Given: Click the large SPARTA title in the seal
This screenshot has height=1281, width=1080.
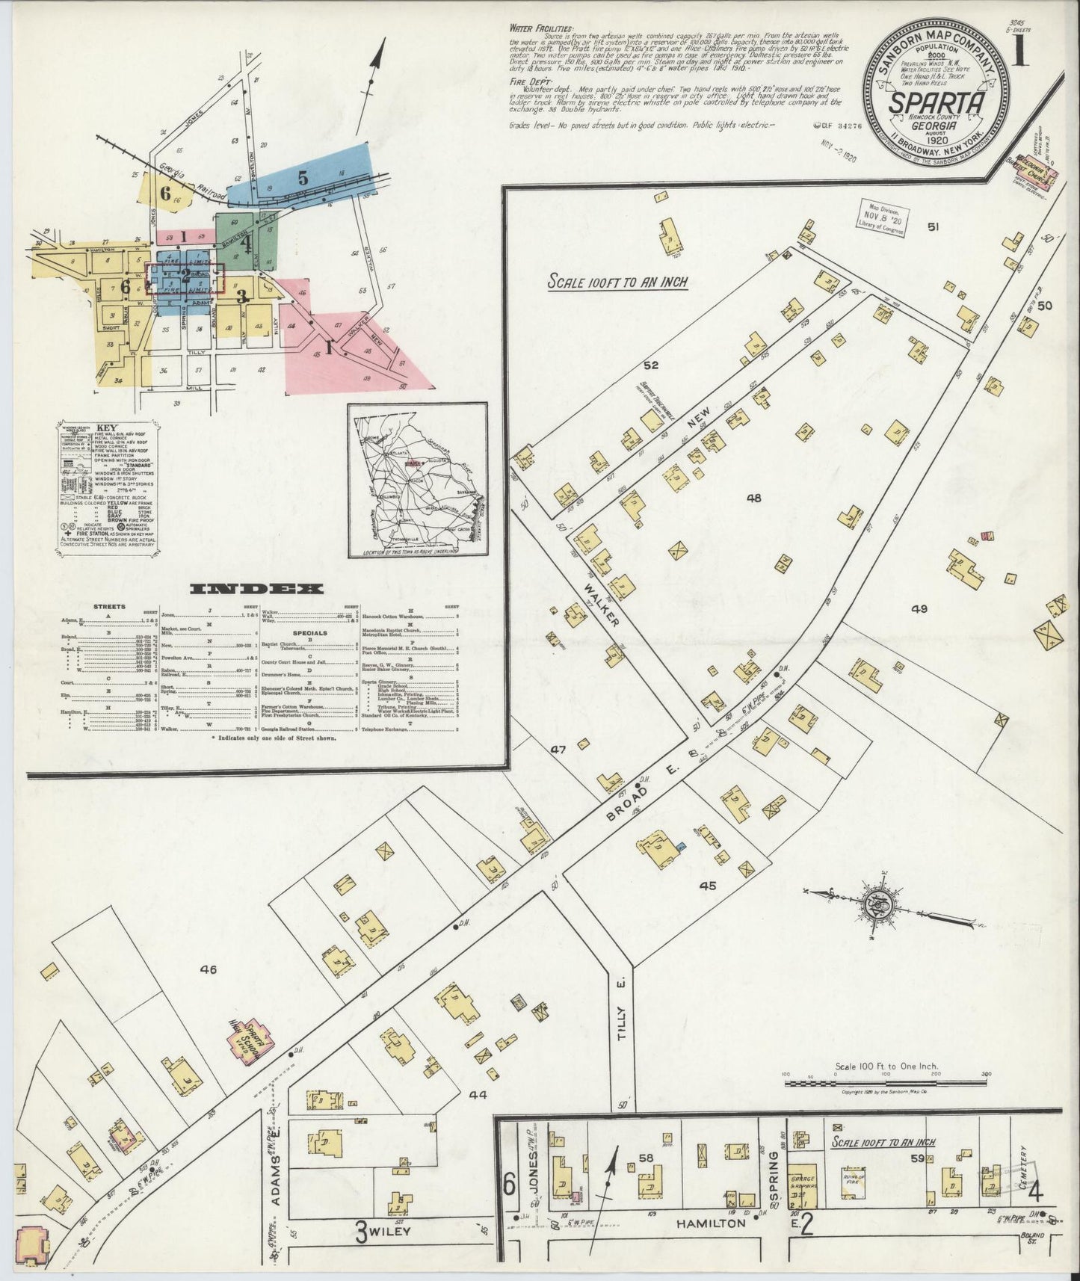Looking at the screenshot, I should point(934,102).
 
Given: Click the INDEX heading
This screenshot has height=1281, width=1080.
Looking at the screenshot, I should point(257,589).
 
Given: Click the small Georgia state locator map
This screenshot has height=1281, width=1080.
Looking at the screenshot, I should point(417,481).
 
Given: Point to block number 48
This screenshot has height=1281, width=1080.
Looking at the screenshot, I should point(753,497).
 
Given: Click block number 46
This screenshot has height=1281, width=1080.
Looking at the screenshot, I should point(208,970).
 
